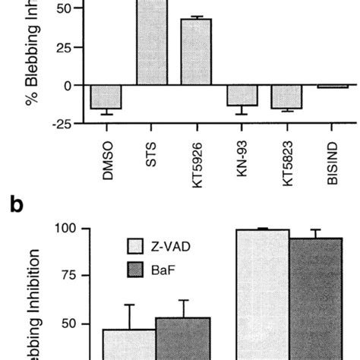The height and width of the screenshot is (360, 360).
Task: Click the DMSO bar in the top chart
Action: [x=106, y=97]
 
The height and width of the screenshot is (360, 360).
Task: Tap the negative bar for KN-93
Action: [x=241, y=95]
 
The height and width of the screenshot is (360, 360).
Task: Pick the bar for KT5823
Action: [x=286, y=96]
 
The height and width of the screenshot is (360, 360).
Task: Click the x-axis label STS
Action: [x=151, y=151]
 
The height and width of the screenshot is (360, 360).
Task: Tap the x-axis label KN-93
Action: [x=242, y=157]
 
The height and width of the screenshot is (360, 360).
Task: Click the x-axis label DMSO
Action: [x=106, y=156]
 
